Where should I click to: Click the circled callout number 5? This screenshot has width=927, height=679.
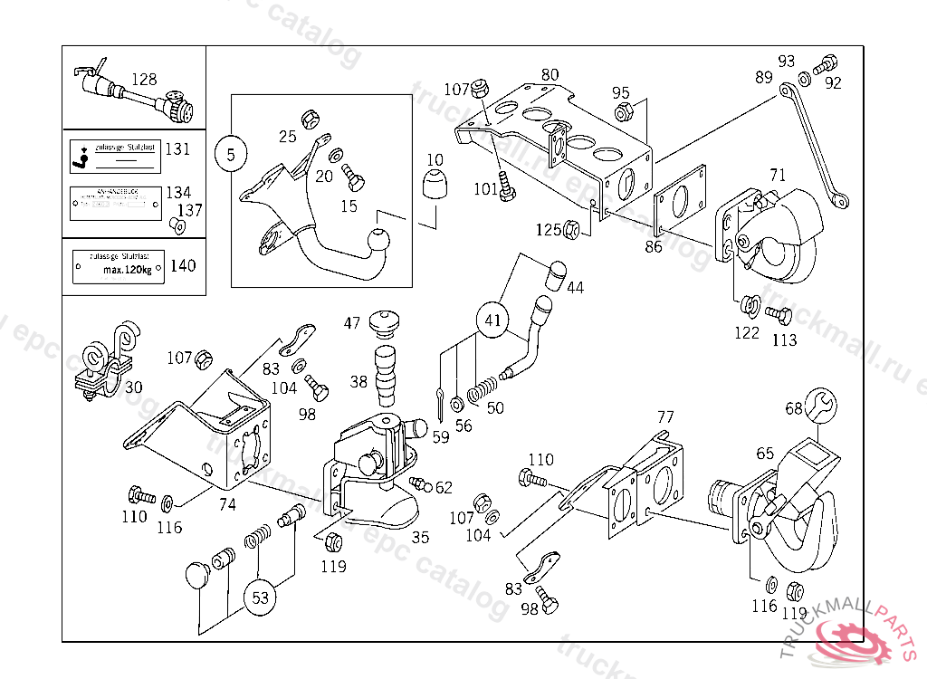click(231, 155)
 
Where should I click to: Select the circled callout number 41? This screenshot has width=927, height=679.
click(492, 320)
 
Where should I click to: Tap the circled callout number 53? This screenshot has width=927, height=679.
click(260, 598)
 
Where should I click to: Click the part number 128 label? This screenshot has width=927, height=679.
click(144, 80)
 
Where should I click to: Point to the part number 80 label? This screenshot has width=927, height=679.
click(550, 74)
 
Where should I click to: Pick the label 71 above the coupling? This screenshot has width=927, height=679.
click(778, 175)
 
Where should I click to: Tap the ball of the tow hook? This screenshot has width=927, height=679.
click(378, 241)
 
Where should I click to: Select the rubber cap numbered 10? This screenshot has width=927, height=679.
click(435, 185)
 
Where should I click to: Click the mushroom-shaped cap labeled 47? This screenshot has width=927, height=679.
click(385, 321)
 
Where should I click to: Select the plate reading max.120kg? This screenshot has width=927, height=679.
click(119, 265)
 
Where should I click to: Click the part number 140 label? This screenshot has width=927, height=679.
click(183, 266)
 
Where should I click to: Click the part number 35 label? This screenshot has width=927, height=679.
click(420, 536)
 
